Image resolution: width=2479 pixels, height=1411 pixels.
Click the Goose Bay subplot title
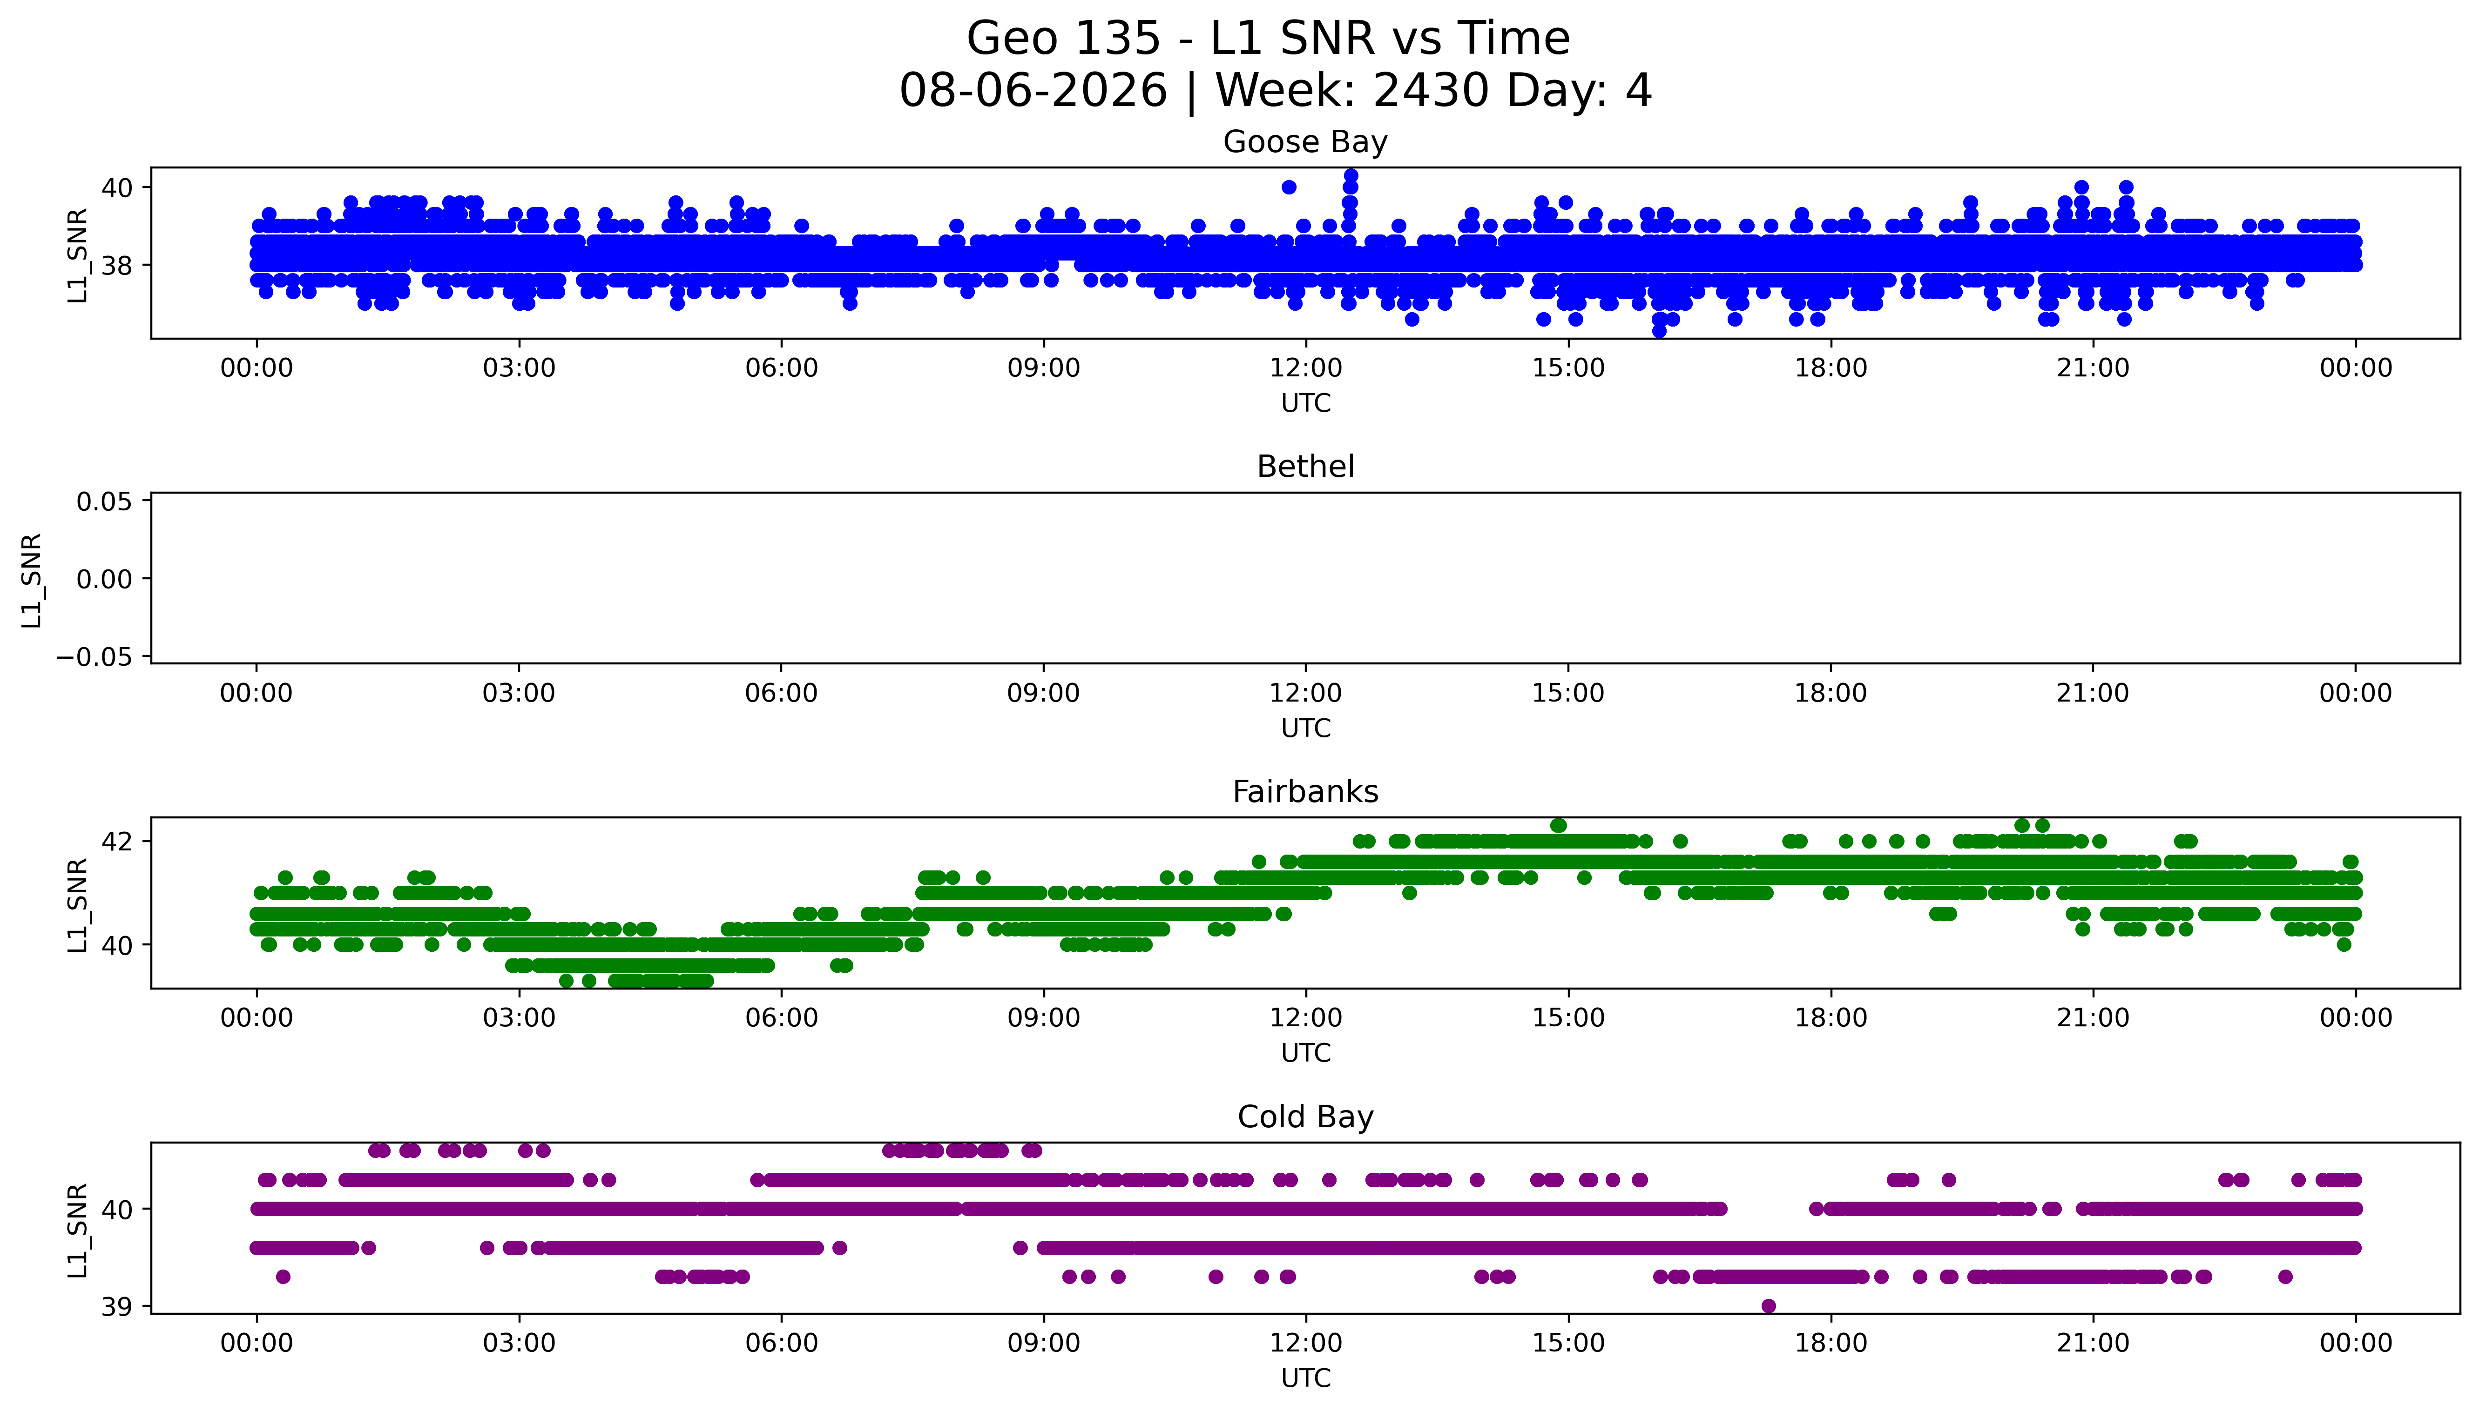pos(1305,142)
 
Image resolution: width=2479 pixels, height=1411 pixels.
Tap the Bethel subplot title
pos(1305,467)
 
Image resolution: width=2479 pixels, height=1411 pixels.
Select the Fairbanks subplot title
pos(1305,792)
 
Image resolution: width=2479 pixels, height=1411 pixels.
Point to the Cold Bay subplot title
pos(1305,1117)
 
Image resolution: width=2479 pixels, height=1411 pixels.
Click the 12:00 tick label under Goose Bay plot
pos(1306,368)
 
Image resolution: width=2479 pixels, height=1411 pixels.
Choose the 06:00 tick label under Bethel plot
pos(782,693)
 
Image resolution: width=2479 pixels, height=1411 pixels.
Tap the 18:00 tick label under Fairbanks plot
pos(1831,1017)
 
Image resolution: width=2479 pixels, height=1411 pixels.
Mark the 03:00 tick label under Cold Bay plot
pos(519,1343)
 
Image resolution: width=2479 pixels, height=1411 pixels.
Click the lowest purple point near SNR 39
pos(1769,1306)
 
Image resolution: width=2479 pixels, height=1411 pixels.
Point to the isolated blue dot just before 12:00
pos(1289,187)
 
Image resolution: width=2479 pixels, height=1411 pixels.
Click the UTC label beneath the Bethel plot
pos(1306,728)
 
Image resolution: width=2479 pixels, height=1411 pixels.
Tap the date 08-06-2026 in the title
pos(1033,91)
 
